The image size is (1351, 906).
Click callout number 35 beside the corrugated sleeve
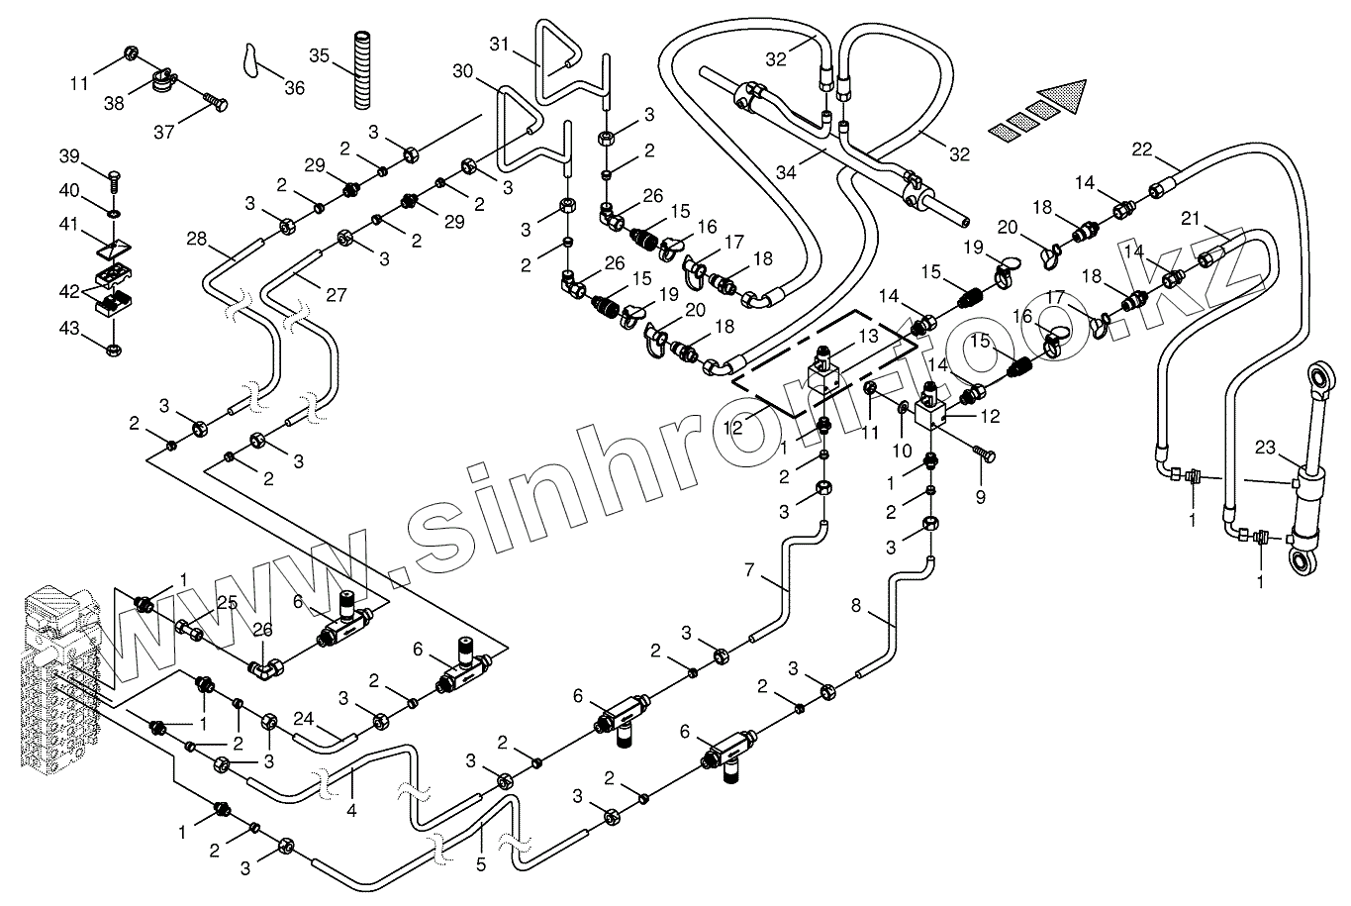319,54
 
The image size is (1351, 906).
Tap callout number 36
294,88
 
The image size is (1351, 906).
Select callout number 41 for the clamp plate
68,226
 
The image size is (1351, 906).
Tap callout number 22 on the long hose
1142,149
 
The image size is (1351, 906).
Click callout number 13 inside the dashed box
868,337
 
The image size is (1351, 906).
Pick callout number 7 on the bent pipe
749,569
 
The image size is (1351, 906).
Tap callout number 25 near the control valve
227,602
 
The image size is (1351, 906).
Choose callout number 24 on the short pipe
303,720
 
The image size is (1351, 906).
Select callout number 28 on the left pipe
197,238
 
